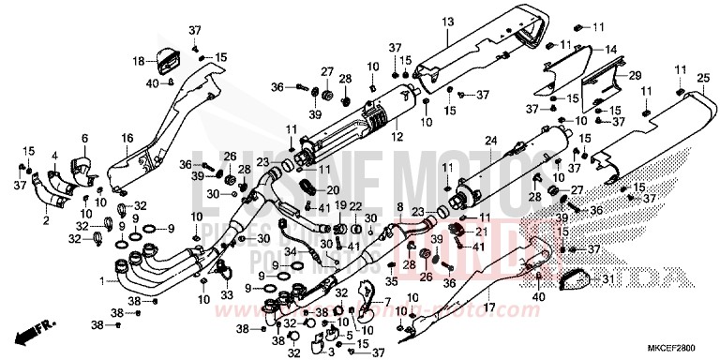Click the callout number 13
(x=447, y=22)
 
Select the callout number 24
(x=488, y=141)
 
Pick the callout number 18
(x=138, y=61)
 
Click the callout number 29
(x=635, y=74)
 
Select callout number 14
(x=610, y=49)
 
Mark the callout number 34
(x=292, y=250)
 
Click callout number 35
(x=392, y=280)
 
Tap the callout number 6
(x=84, y=139)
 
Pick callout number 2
(x=44, y=220)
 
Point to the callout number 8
(x=399, y=207)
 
